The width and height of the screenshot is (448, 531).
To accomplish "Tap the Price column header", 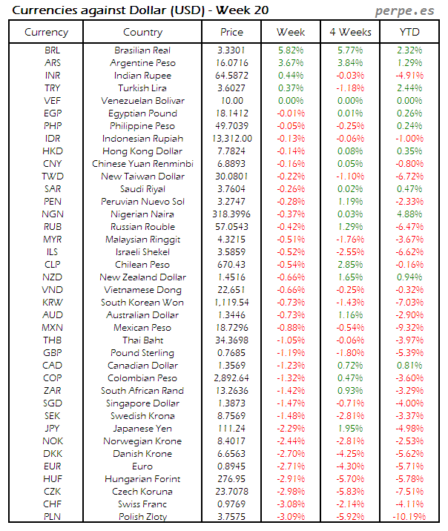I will click(231, 32).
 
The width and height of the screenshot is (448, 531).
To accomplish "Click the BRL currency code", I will click(53, 50).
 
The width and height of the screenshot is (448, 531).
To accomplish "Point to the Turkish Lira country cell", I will click(142, 88).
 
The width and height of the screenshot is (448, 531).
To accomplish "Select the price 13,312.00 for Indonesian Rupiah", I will click(231, 139).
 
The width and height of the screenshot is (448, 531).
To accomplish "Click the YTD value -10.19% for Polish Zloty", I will click(409, 517).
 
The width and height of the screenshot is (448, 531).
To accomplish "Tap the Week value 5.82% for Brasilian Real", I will click(291, 50).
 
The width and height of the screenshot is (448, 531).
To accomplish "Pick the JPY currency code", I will click(53, 429).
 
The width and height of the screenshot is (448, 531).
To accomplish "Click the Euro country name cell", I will click(142, 466).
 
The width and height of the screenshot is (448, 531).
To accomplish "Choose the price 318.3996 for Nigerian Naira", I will click(231, 214).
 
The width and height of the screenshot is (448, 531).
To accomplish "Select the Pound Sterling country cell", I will click(142, 353).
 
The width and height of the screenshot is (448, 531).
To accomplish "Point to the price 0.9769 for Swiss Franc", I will click(231, 504).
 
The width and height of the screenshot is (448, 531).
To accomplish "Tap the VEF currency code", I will click(53, 101).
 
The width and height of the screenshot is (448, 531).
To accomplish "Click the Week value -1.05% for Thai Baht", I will click(291, 340).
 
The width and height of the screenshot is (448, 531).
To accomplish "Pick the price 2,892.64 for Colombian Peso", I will click(231, 378).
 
